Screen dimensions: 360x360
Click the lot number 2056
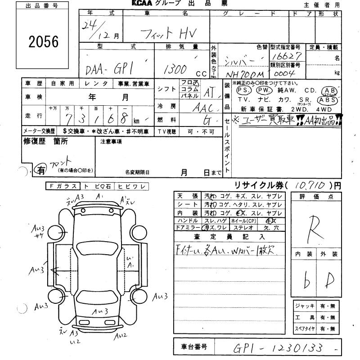pos(44,42)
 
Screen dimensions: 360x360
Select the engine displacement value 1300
pos(176,68)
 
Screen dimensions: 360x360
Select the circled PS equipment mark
pos(246,90)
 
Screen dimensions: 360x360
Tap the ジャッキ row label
pos(305,306)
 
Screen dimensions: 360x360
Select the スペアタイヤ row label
pos(305,329)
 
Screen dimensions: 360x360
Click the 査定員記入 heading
pos(229,236)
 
